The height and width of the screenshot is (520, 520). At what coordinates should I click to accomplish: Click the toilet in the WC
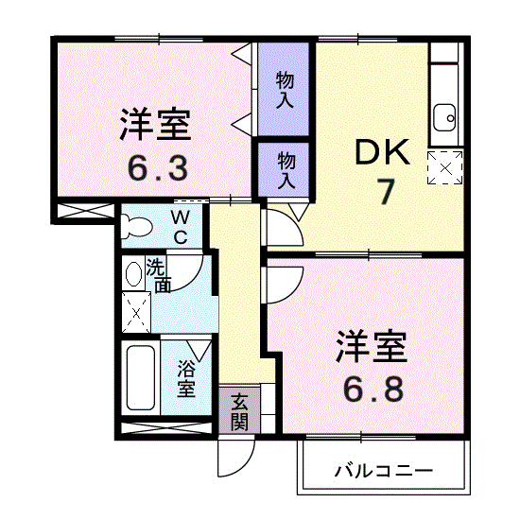click(136, 227)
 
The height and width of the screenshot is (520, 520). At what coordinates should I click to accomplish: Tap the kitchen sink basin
click(445, 117)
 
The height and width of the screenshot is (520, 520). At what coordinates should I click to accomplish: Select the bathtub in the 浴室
click(141, 378)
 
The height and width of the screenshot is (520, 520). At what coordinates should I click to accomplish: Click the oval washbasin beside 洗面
click(133, 274)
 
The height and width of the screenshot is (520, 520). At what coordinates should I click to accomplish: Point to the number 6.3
click(157, 167)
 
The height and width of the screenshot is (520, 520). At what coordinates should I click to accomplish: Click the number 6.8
click(373, 389)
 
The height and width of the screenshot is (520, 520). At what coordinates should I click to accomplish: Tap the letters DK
click(382, 152)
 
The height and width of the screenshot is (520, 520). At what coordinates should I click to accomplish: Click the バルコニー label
click(384, 471)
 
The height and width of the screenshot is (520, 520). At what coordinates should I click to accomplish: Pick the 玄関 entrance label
click(239, 412)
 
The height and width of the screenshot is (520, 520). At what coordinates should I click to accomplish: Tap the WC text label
click(180, 228)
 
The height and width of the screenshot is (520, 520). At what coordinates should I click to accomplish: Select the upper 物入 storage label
click(285, 90)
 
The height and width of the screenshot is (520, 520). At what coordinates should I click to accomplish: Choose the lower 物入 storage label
click(286, 169)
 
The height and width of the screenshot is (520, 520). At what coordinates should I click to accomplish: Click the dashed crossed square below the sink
click(445, 167)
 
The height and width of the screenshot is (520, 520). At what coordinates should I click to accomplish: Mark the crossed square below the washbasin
click(136, 312)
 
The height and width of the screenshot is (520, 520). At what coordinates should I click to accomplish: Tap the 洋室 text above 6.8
click(372, 346)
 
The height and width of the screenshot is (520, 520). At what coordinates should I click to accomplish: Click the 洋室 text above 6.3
click(155, 125)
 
